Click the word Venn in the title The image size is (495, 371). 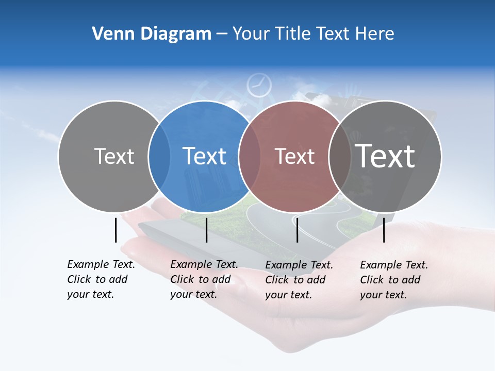click(x=111, y=34)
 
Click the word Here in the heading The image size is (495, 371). click(x=375, y=34)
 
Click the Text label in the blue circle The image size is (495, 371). click(x=205, y=156)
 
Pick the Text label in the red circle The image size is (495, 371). click(x=294, y=156)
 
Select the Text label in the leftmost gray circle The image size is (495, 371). click(x=114, y=156)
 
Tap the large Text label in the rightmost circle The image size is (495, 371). click(x=385, y=156)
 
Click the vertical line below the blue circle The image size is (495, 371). click(x=206, y=230)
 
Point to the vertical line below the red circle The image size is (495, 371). click(x=297, y=230)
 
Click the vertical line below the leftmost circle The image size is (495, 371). click(x=115, y=230)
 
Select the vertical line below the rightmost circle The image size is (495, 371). click(x=384, y=230)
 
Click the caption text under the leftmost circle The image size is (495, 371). click(x=101, y=279)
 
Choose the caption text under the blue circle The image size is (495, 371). click(x=204, y=279)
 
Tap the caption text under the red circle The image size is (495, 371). click(x=299, y=280)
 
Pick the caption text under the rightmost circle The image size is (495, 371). click(x=394, y=280)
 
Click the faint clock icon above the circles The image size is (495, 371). click(x=259, y=86)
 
